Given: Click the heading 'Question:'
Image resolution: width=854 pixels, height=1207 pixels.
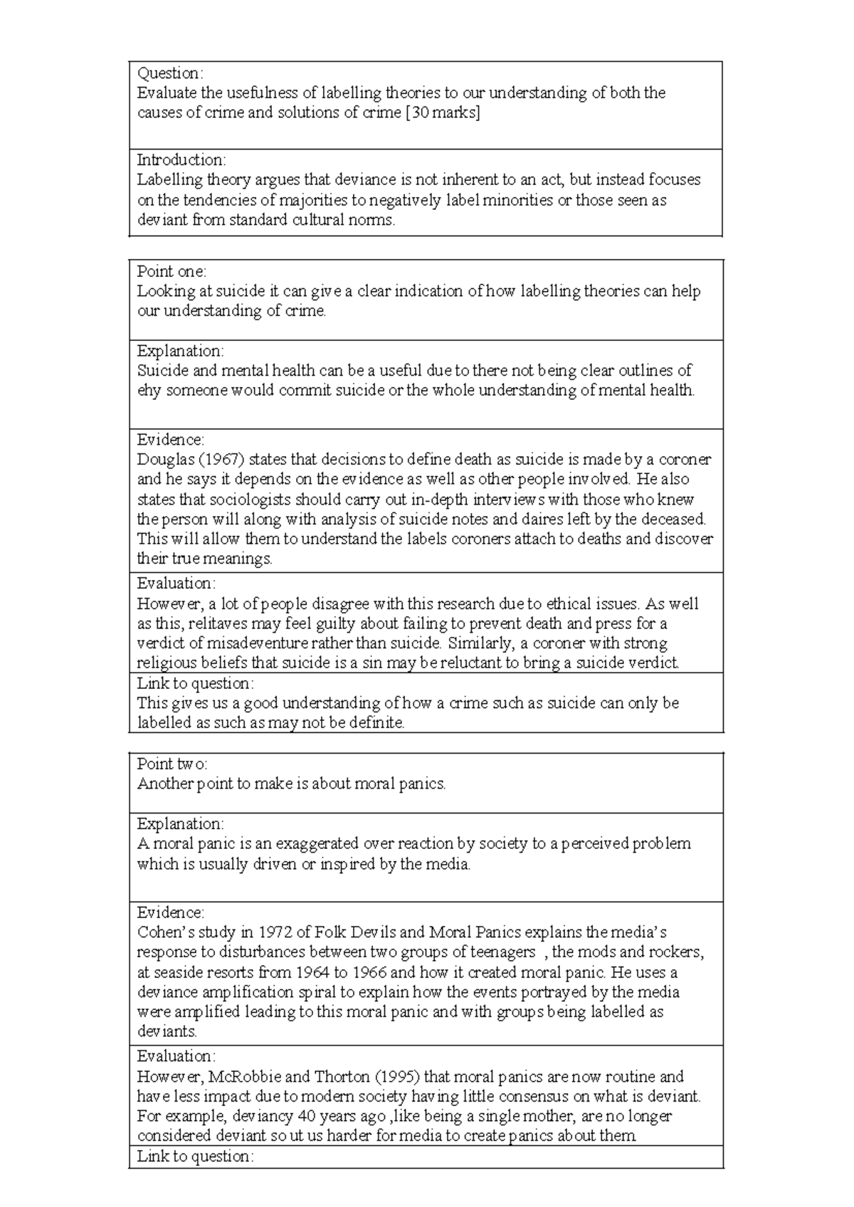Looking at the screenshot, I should click(169, 73).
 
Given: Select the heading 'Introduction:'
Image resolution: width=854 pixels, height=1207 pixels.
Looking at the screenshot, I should click(181, 159).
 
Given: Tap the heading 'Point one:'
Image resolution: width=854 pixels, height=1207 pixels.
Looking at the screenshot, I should click(171, 271).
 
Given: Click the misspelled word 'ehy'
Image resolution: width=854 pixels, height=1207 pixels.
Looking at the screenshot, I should click(149, 391).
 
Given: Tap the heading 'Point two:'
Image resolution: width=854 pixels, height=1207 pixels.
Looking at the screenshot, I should click(172, 764).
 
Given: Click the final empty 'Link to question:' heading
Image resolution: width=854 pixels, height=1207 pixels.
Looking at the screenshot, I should click(195, 1156).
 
